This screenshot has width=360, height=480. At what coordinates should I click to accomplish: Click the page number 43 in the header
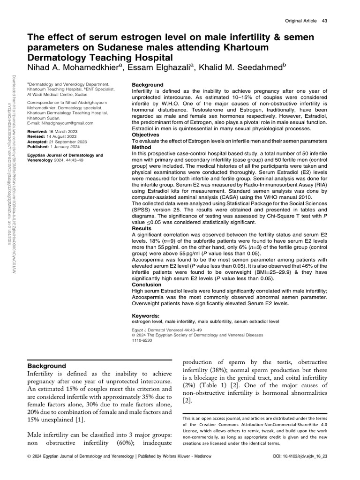tap(324, 21)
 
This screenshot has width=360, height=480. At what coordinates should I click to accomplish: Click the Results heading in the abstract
tap(143, 228)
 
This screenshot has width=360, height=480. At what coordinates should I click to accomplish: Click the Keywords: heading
tap(146, 316)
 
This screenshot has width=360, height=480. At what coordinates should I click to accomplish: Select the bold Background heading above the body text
tap(46, 366)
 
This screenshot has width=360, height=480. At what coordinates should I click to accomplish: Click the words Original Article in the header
tap(301, 21)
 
